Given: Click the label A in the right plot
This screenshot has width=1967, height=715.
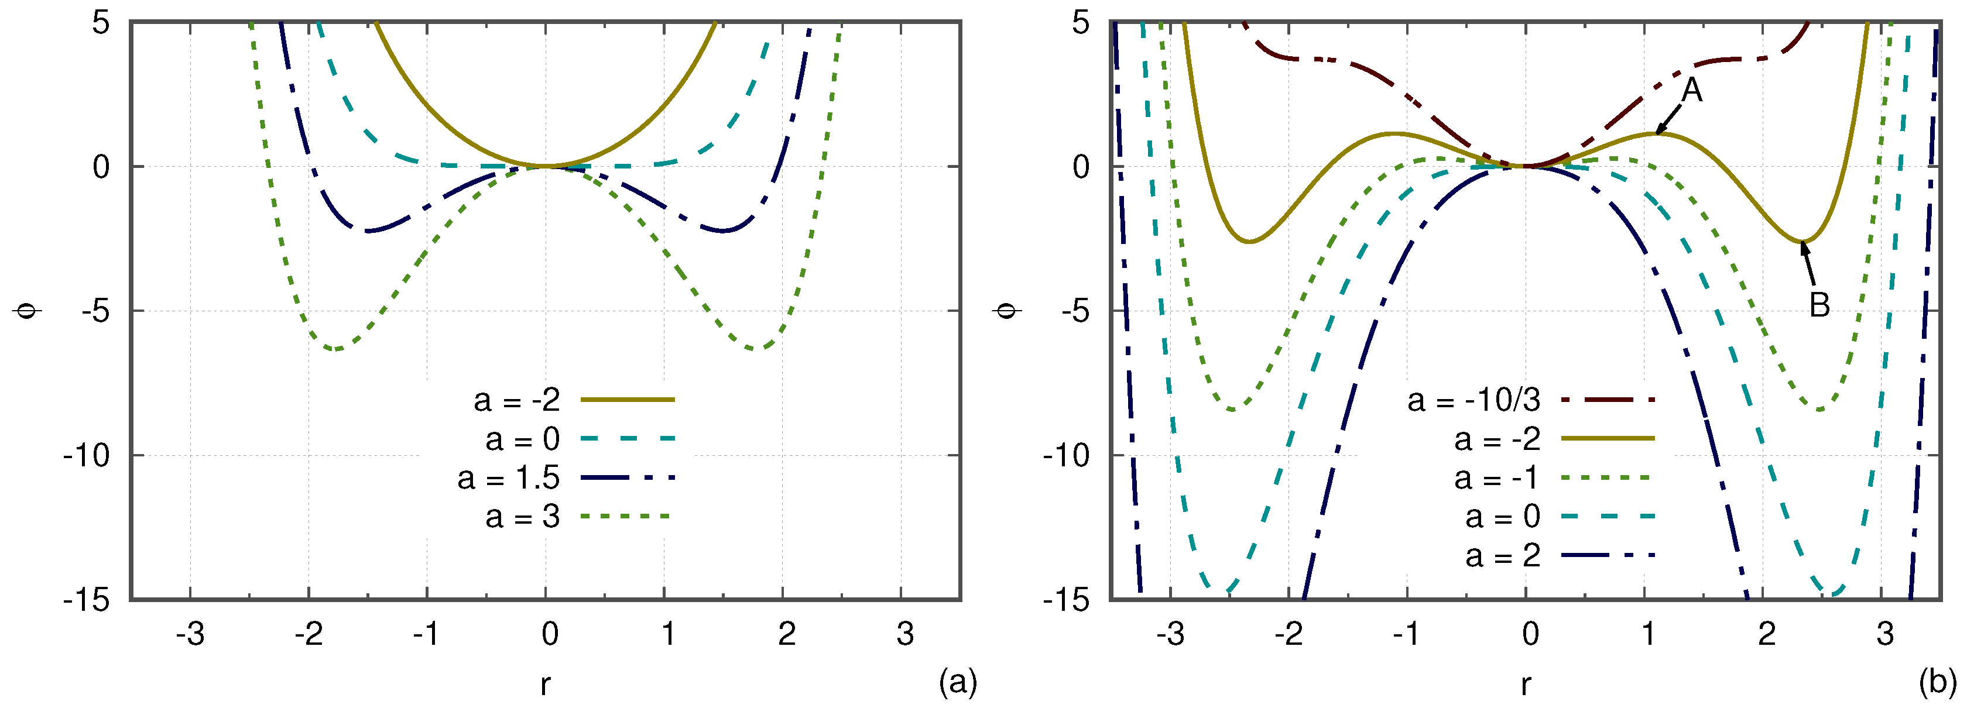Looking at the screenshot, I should click(x=1692, y=91).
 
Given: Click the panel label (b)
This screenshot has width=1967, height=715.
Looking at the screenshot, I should click(x=1937, y=682).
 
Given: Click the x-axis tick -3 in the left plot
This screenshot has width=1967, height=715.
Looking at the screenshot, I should click(x=190, y=634).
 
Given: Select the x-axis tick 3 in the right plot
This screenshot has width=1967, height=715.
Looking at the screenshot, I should click(x=1884, y=634).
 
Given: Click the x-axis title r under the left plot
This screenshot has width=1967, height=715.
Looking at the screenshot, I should click(x=544, y=685).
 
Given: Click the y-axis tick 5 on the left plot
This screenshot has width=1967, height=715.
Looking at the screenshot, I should click(x=101, y=23).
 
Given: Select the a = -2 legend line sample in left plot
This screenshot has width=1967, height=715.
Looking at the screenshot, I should click(x=627, y=400).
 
